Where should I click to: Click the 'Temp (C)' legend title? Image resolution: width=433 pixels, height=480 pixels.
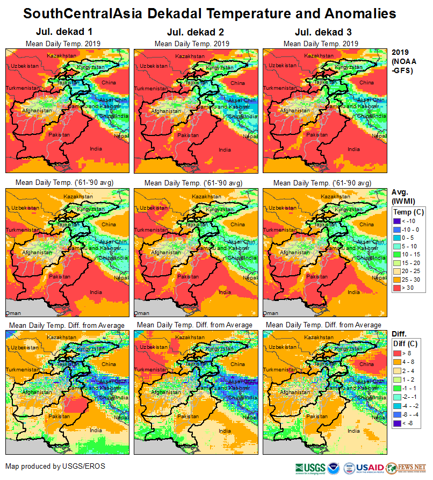tap(408, 212)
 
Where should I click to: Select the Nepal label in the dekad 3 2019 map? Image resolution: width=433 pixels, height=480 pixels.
tap(379, 137)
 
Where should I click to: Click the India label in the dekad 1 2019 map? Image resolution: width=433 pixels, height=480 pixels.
tap(96, 149)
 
